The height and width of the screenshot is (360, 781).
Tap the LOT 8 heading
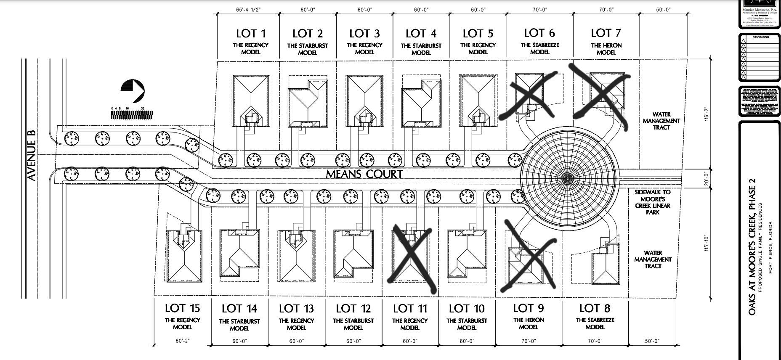[595, 308]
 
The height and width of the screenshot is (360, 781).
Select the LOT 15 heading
[182, 308]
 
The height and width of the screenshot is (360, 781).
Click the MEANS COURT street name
[364, 174]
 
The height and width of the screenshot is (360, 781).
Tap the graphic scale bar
[132, 115]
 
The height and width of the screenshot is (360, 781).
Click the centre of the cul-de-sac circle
[567, 178]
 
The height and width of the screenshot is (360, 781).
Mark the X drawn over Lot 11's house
[412, 258]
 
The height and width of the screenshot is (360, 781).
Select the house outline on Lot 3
[364, 101]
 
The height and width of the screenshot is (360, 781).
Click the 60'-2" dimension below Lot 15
[182, 341]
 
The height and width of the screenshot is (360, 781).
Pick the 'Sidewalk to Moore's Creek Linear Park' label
[653, 202]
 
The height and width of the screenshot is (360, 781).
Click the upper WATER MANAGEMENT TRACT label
[661, 121]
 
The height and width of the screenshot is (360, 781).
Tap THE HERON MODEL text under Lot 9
[529, 323]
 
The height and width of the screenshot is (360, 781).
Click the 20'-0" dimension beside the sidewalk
[707, 178]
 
